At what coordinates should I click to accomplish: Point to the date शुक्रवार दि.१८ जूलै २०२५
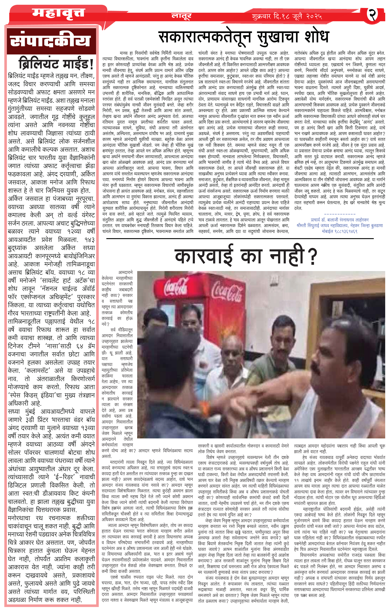click(x=287, y=17)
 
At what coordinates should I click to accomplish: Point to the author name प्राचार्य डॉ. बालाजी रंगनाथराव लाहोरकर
click(x=340, y=220)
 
